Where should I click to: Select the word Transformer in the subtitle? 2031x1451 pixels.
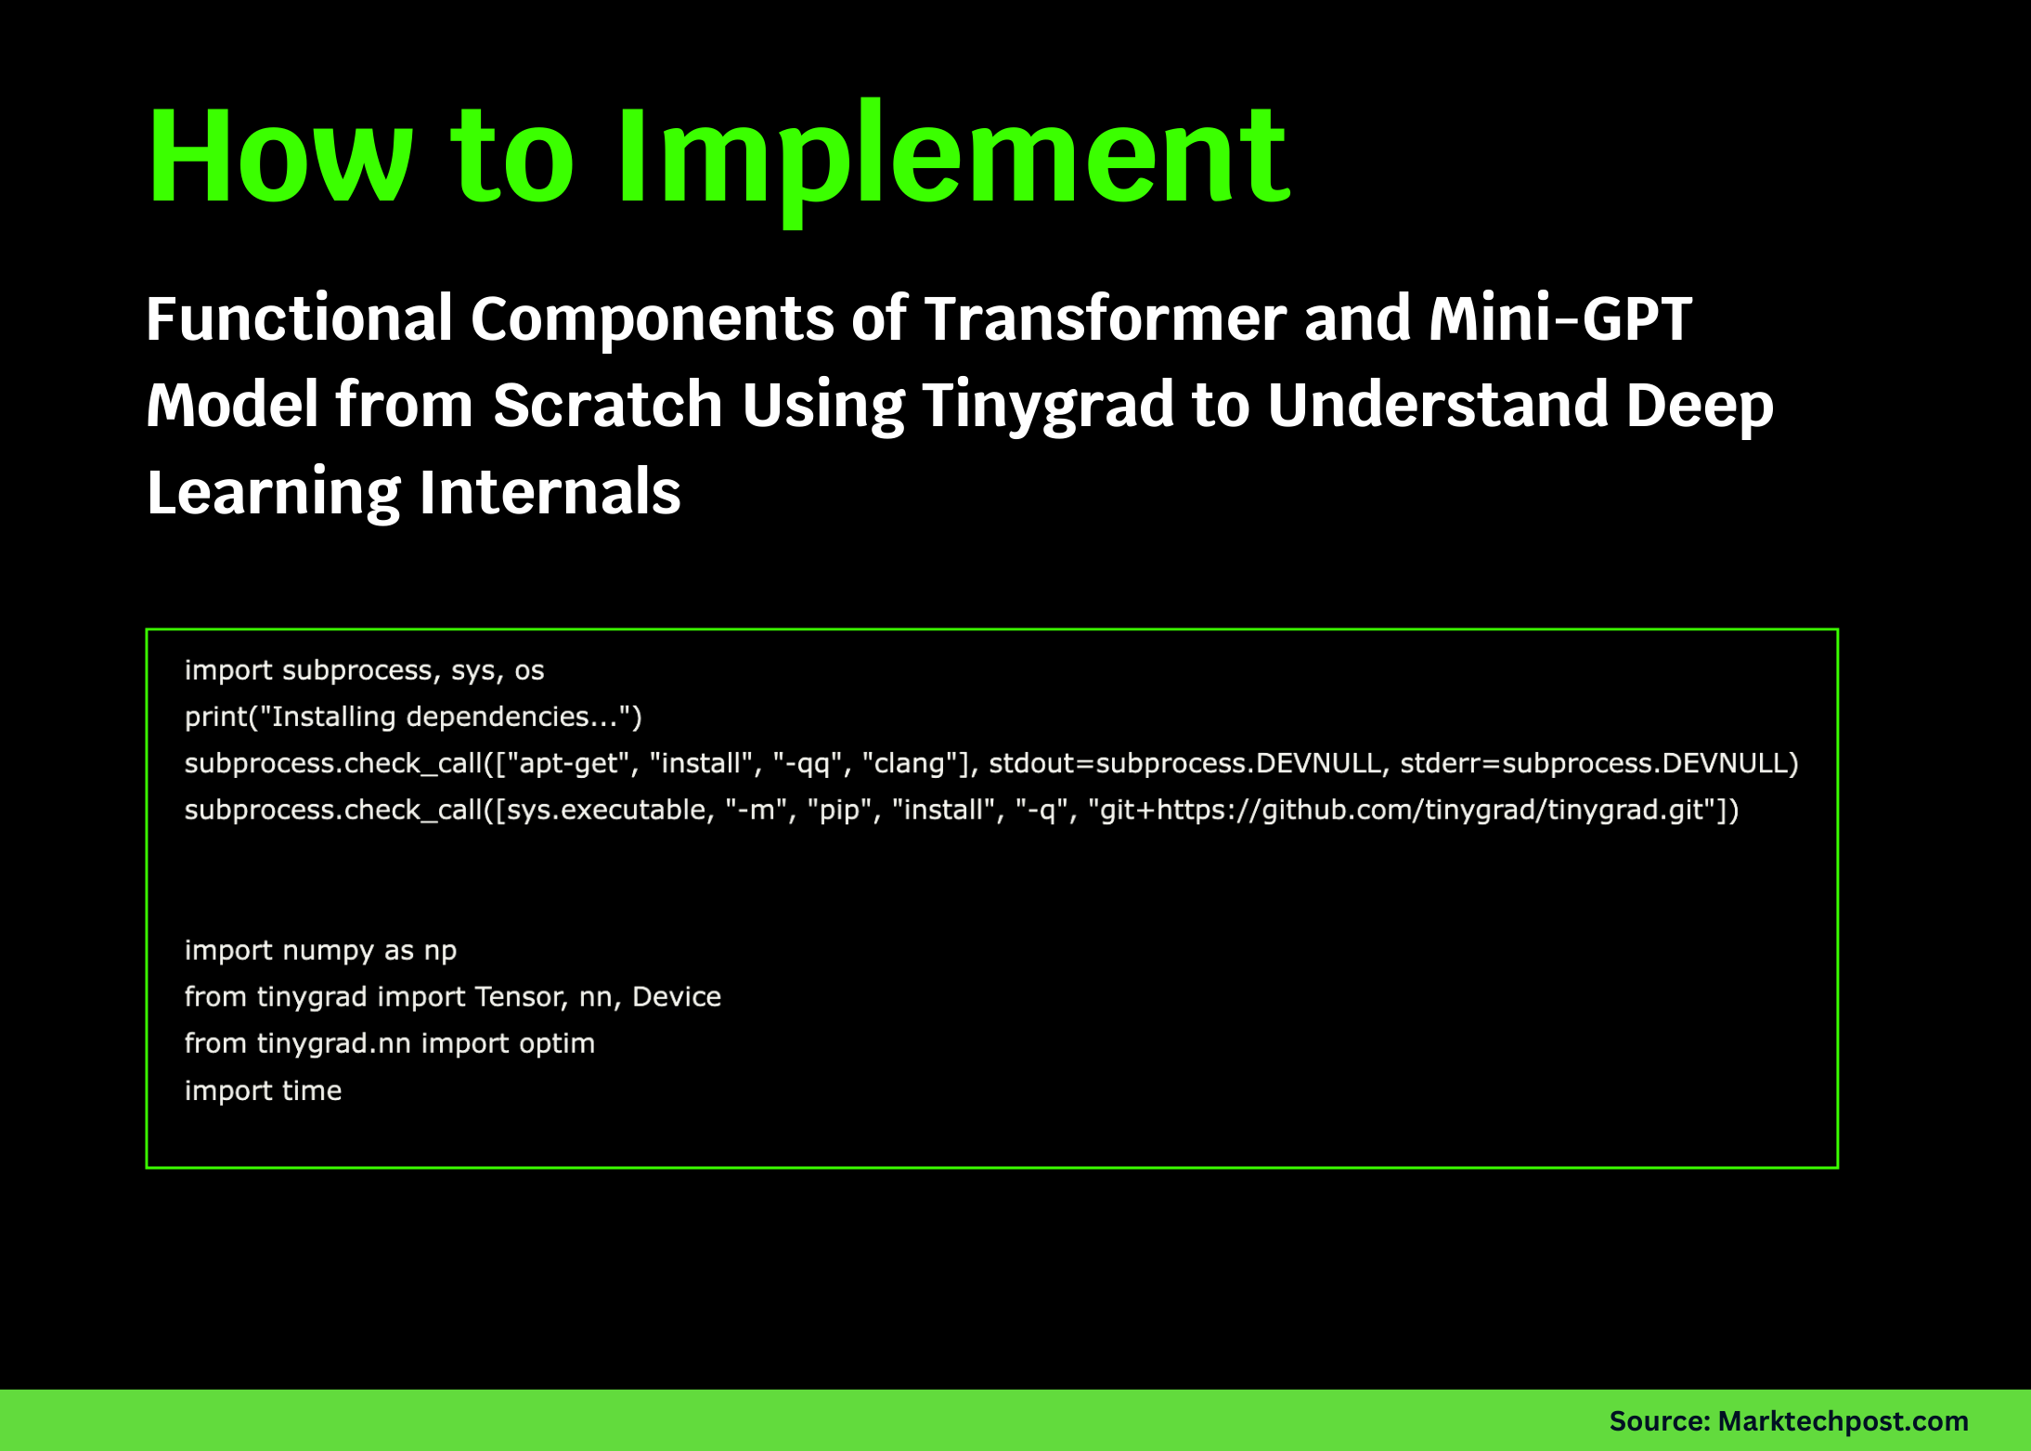[x=1105, y=318]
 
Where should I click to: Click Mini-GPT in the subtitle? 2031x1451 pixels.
[x=1559, y=318]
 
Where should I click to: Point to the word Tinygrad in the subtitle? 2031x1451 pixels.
[x=1049, y=406]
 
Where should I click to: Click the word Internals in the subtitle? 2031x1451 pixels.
[x=550, y=492]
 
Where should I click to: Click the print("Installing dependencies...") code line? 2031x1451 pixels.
[x=413, y=717]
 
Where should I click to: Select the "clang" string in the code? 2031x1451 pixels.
[x=903, y=763]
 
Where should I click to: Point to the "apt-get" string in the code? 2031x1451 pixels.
[x=560, y=763]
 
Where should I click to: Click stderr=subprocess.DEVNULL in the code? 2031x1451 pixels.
[x=1598, y=763]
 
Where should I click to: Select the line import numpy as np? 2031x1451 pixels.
[x=320, y=951]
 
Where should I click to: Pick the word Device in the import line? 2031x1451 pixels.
[x=677, y=997]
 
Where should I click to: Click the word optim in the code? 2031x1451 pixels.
[x=557, y=1043]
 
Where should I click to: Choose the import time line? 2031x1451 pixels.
[x=263, y=1091]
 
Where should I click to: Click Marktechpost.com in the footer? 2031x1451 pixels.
[x=1843, y=1421]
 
